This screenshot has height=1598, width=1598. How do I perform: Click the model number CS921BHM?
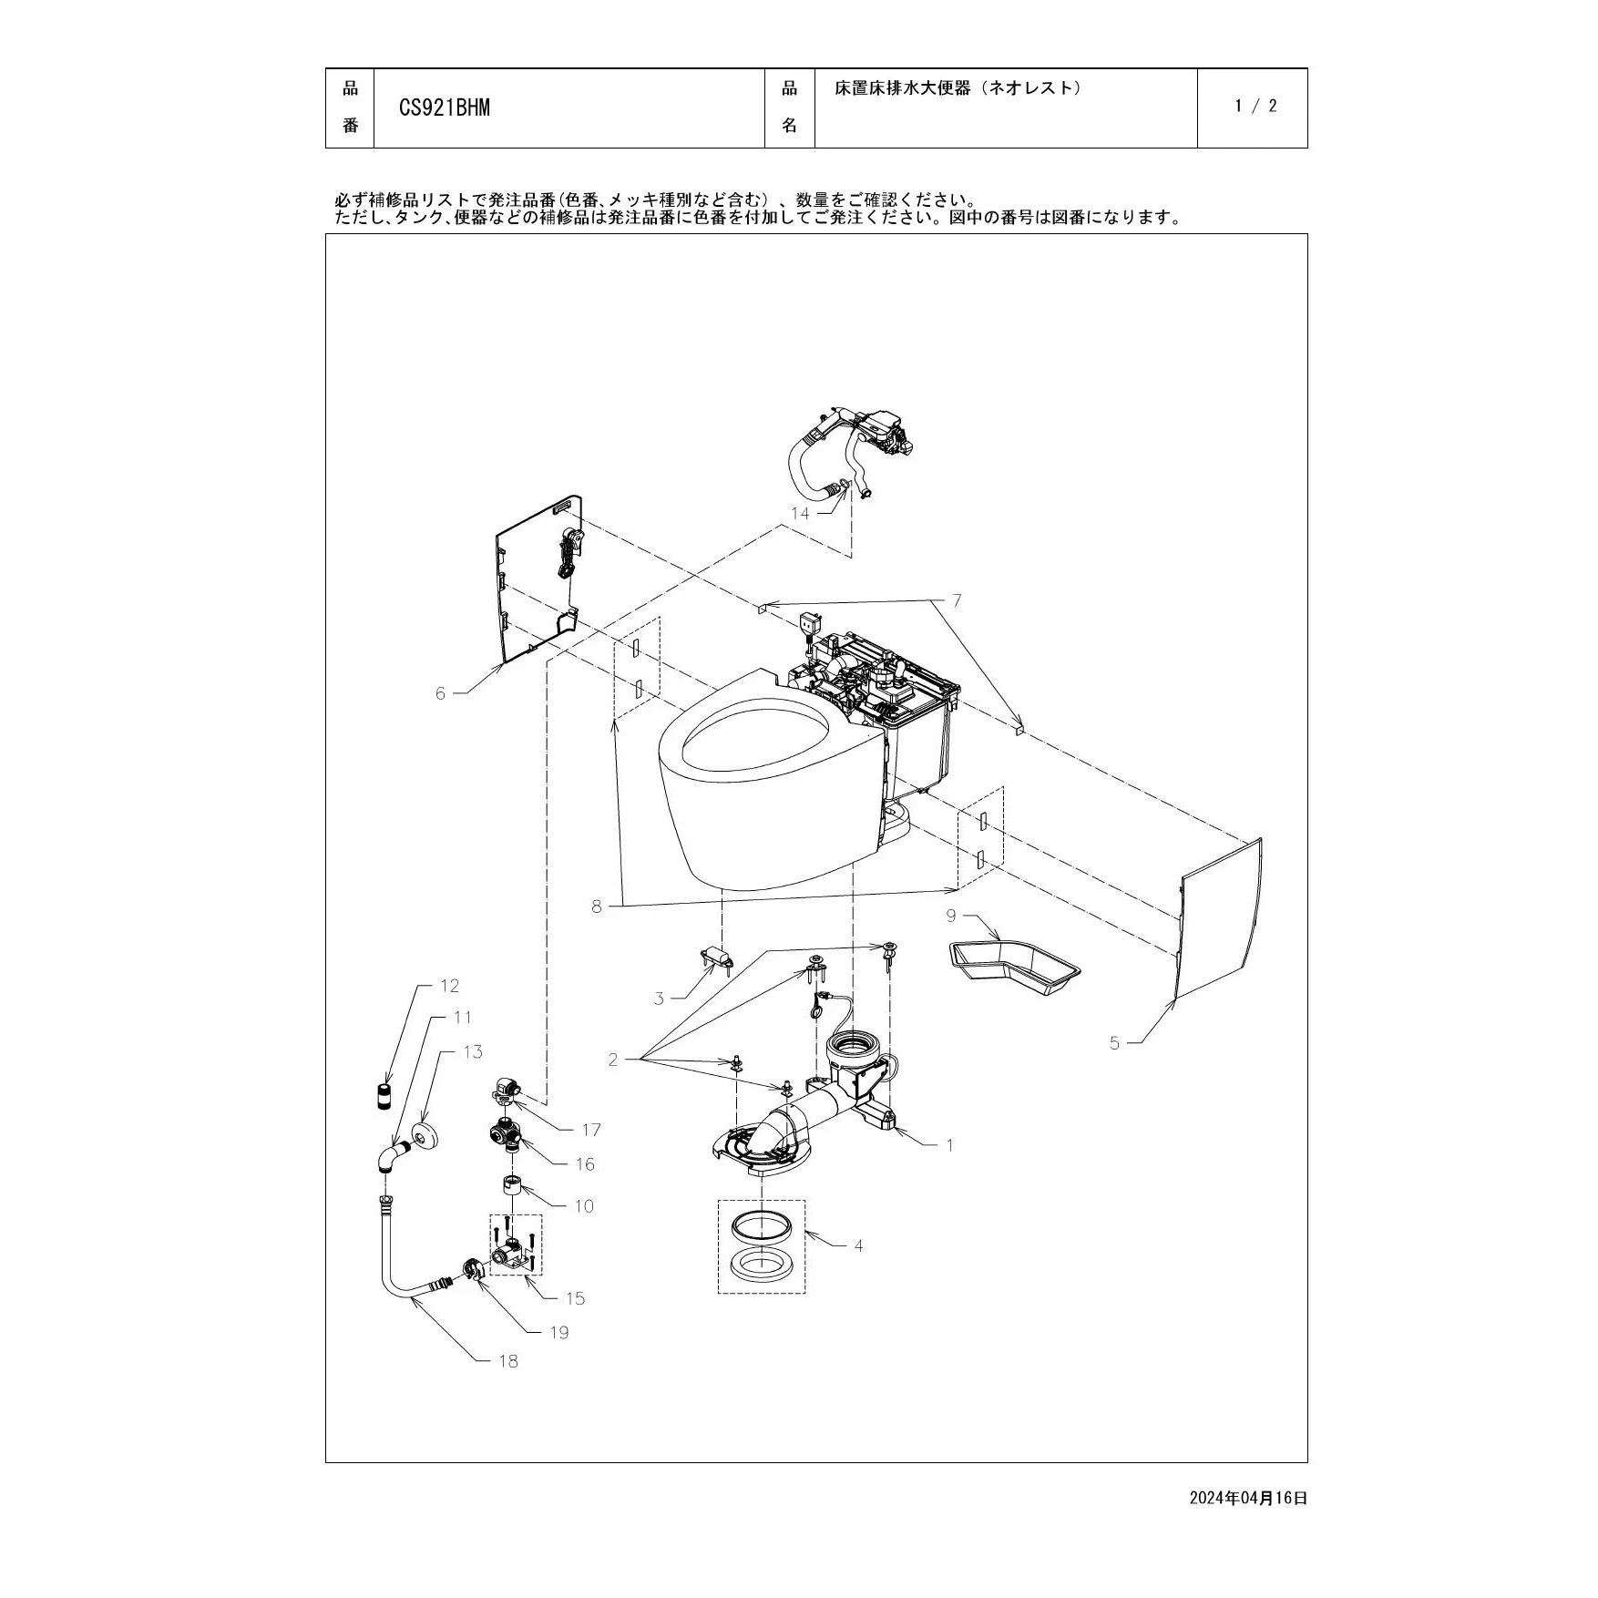coord(445,108)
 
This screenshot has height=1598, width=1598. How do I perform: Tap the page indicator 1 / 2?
coord(1255,106)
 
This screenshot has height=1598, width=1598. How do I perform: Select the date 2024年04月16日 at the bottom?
coord(1248,1497)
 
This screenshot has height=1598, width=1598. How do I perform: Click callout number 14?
coord(800,513)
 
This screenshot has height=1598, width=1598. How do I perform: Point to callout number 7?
coord(957,600)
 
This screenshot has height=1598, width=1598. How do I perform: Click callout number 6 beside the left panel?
coord(441,693)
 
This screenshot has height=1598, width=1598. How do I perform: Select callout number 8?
coord(597,907)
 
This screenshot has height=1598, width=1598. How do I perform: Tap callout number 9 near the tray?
coord(951,915)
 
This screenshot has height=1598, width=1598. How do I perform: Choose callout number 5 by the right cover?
coord(1114,1043)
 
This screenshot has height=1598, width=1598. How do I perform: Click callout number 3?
coord(659,999)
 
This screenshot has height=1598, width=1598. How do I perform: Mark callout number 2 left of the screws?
coord(613,1059)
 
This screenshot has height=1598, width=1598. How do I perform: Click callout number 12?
coord(449,986)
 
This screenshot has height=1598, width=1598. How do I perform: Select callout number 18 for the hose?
coord(508,1361)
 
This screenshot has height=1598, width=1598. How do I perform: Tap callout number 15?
coord(575,1298)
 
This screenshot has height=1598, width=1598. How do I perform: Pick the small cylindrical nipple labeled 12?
coord(384,1094)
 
